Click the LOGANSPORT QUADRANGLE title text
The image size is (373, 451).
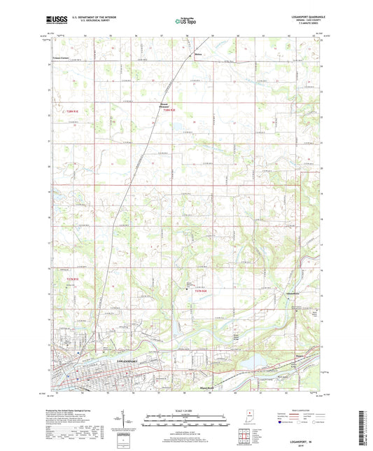click(306, 18)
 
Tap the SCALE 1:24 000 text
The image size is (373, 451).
click(185, 409)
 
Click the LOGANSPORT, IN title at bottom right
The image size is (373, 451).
click(306, 440)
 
